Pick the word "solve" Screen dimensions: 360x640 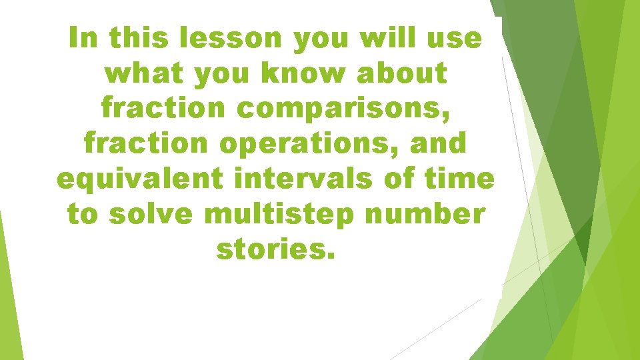150,214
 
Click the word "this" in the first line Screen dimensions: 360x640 142,39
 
